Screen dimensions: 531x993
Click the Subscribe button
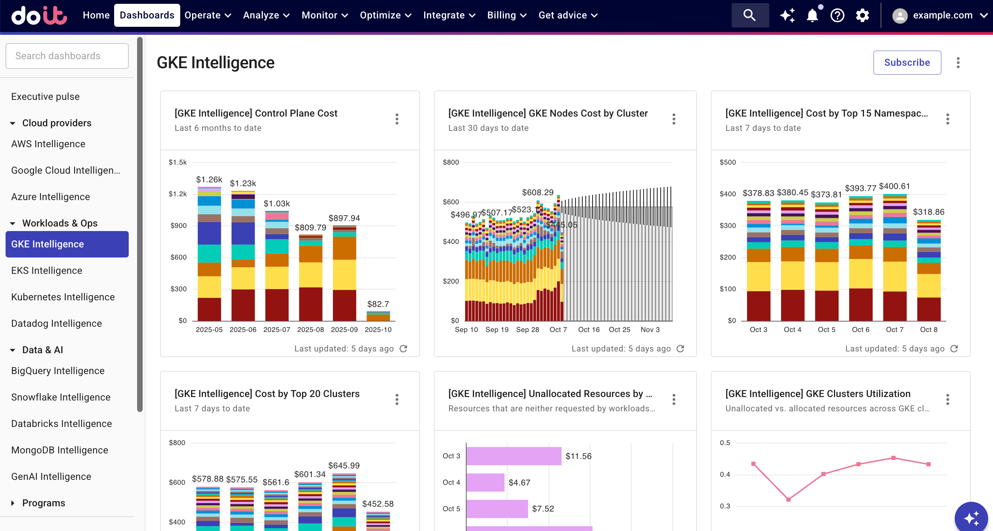[x=907, y=63]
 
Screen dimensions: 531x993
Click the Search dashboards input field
[x=67, y=56]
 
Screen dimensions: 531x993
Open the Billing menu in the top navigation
[x=506, y=15]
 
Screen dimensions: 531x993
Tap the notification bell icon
[x=812, y=15]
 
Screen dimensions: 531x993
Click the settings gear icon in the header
[x=862, y=15]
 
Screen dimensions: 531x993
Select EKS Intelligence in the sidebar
[x=47, y=271]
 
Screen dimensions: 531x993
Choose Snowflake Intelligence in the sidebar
[x=61, y=397]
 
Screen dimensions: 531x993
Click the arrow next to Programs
[x=13, y=503]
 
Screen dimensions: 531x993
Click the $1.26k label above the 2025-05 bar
[x=209, y=180]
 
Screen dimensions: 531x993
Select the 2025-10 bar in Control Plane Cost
[x=378, y=317]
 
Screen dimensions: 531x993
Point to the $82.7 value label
[x=378, y=304]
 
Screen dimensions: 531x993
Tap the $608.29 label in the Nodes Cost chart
[x=537, y=192]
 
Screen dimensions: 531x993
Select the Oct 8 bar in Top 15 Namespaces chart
[x=929, y=270]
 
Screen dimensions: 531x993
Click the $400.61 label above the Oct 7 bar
[x=894, y=187]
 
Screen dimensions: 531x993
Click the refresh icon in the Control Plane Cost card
[x=403, y=349]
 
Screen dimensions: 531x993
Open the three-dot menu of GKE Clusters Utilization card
[x=947, y=399]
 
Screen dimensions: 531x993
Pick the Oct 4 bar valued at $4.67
[x=485, y=482]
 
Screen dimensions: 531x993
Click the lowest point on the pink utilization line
[x=788, y=499]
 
